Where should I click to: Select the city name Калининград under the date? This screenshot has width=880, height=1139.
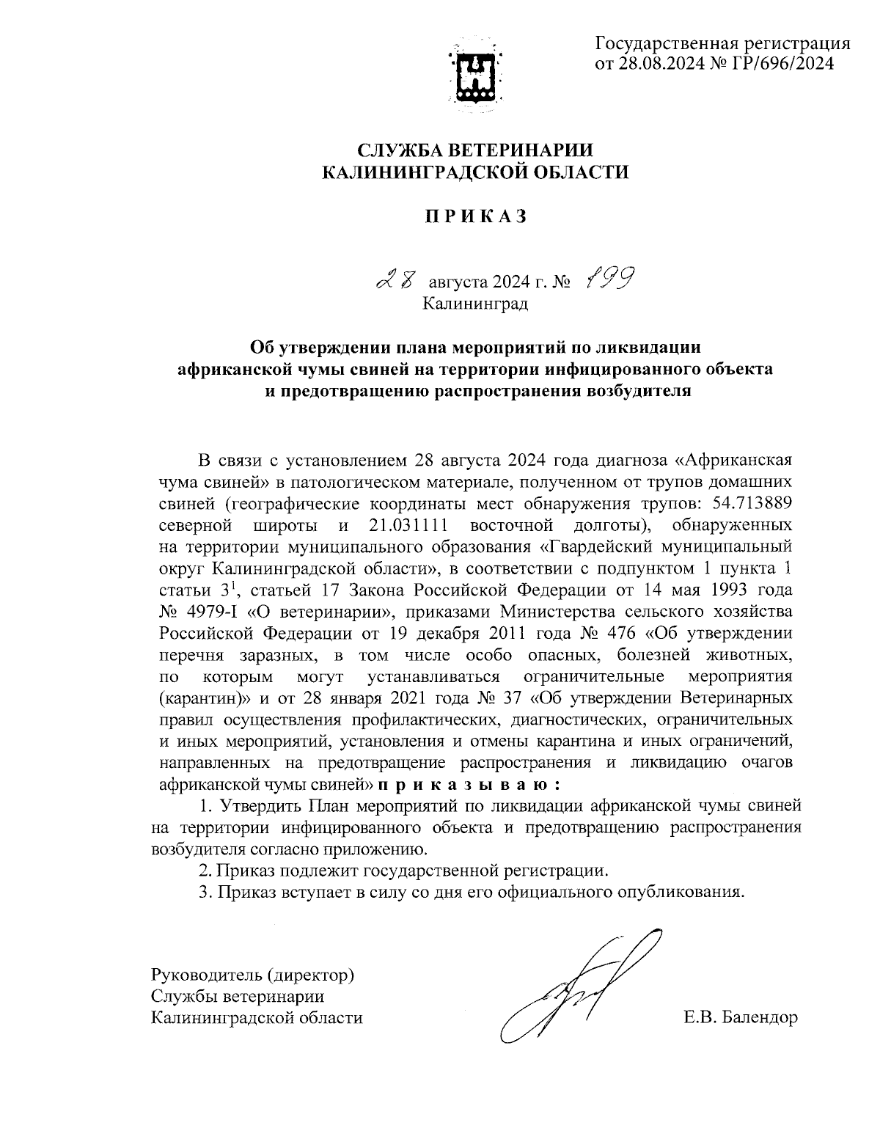click(x=475, y=302)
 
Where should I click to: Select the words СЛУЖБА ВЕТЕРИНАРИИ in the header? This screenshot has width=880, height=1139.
click(x=476, y=150)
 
